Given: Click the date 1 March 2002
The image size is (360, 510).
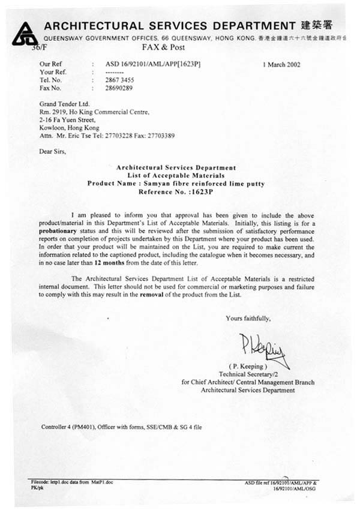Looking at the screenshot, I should click(x=281, y=65).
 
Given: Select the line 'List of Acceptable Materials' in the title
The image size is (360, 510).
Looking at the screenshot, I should click(x=176, y=175).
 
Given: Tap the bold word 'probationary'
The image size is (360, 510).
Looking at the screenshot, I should click(x=61, y=230).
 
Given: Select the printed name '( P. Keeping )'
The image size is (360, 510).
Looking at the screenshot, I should click(x=248, y=365).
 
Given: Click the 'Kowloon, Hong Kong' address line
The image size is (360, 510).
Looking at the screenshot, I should click(x=69, y=128).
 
